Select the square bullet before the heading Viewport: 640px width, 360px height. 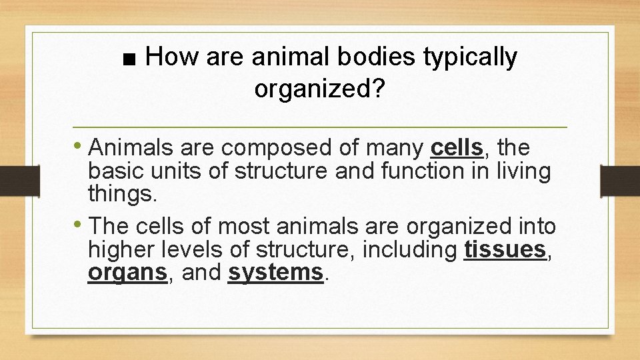point(131,60)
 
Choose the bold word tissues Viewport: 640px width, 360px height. point(505,249)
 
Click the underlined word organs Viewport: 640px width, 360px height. point(127,273)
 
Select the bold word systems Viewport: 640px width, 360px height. point(275,273)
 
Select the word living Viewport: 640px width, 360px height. point(523,172)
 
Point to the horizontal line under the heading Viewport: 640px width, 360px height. point(319,127)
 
